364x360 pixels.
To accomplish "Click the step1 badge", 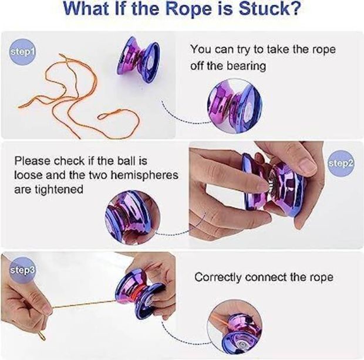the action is (x=23, y=52).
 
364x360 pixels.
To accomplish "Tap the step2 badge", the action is (x=341, y=164).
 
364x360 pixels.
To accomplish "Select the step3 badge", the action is (x=22, y=270).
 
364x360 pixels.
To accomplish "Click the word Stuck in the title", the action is (x=270, y=9).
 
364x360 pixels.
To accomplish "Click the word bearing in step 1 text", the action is (x=247, y=66).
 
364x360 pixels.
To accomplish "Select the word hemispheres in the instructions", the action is (x=144, y=175).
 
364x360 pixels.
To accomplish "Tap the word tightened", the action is (x=59, y=189).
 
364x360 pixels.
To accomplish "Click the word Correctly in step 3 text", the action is (x=218, y=277).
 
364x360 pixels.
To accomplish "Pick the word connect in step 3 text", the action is (x=265, y=277).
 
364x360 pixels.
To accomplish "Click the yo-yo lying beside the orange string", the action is (x=139, y=60).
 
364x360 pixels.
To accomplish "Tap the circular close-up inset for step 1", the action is (x=235, y=106).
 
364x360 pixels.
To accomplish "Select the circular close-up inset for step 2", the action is (x=133, y=218).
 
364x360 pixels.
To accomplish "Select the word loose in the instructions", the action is (x=29, y=175).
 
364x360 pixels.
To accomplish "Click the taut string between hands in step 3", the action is (x=84, y=304).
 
